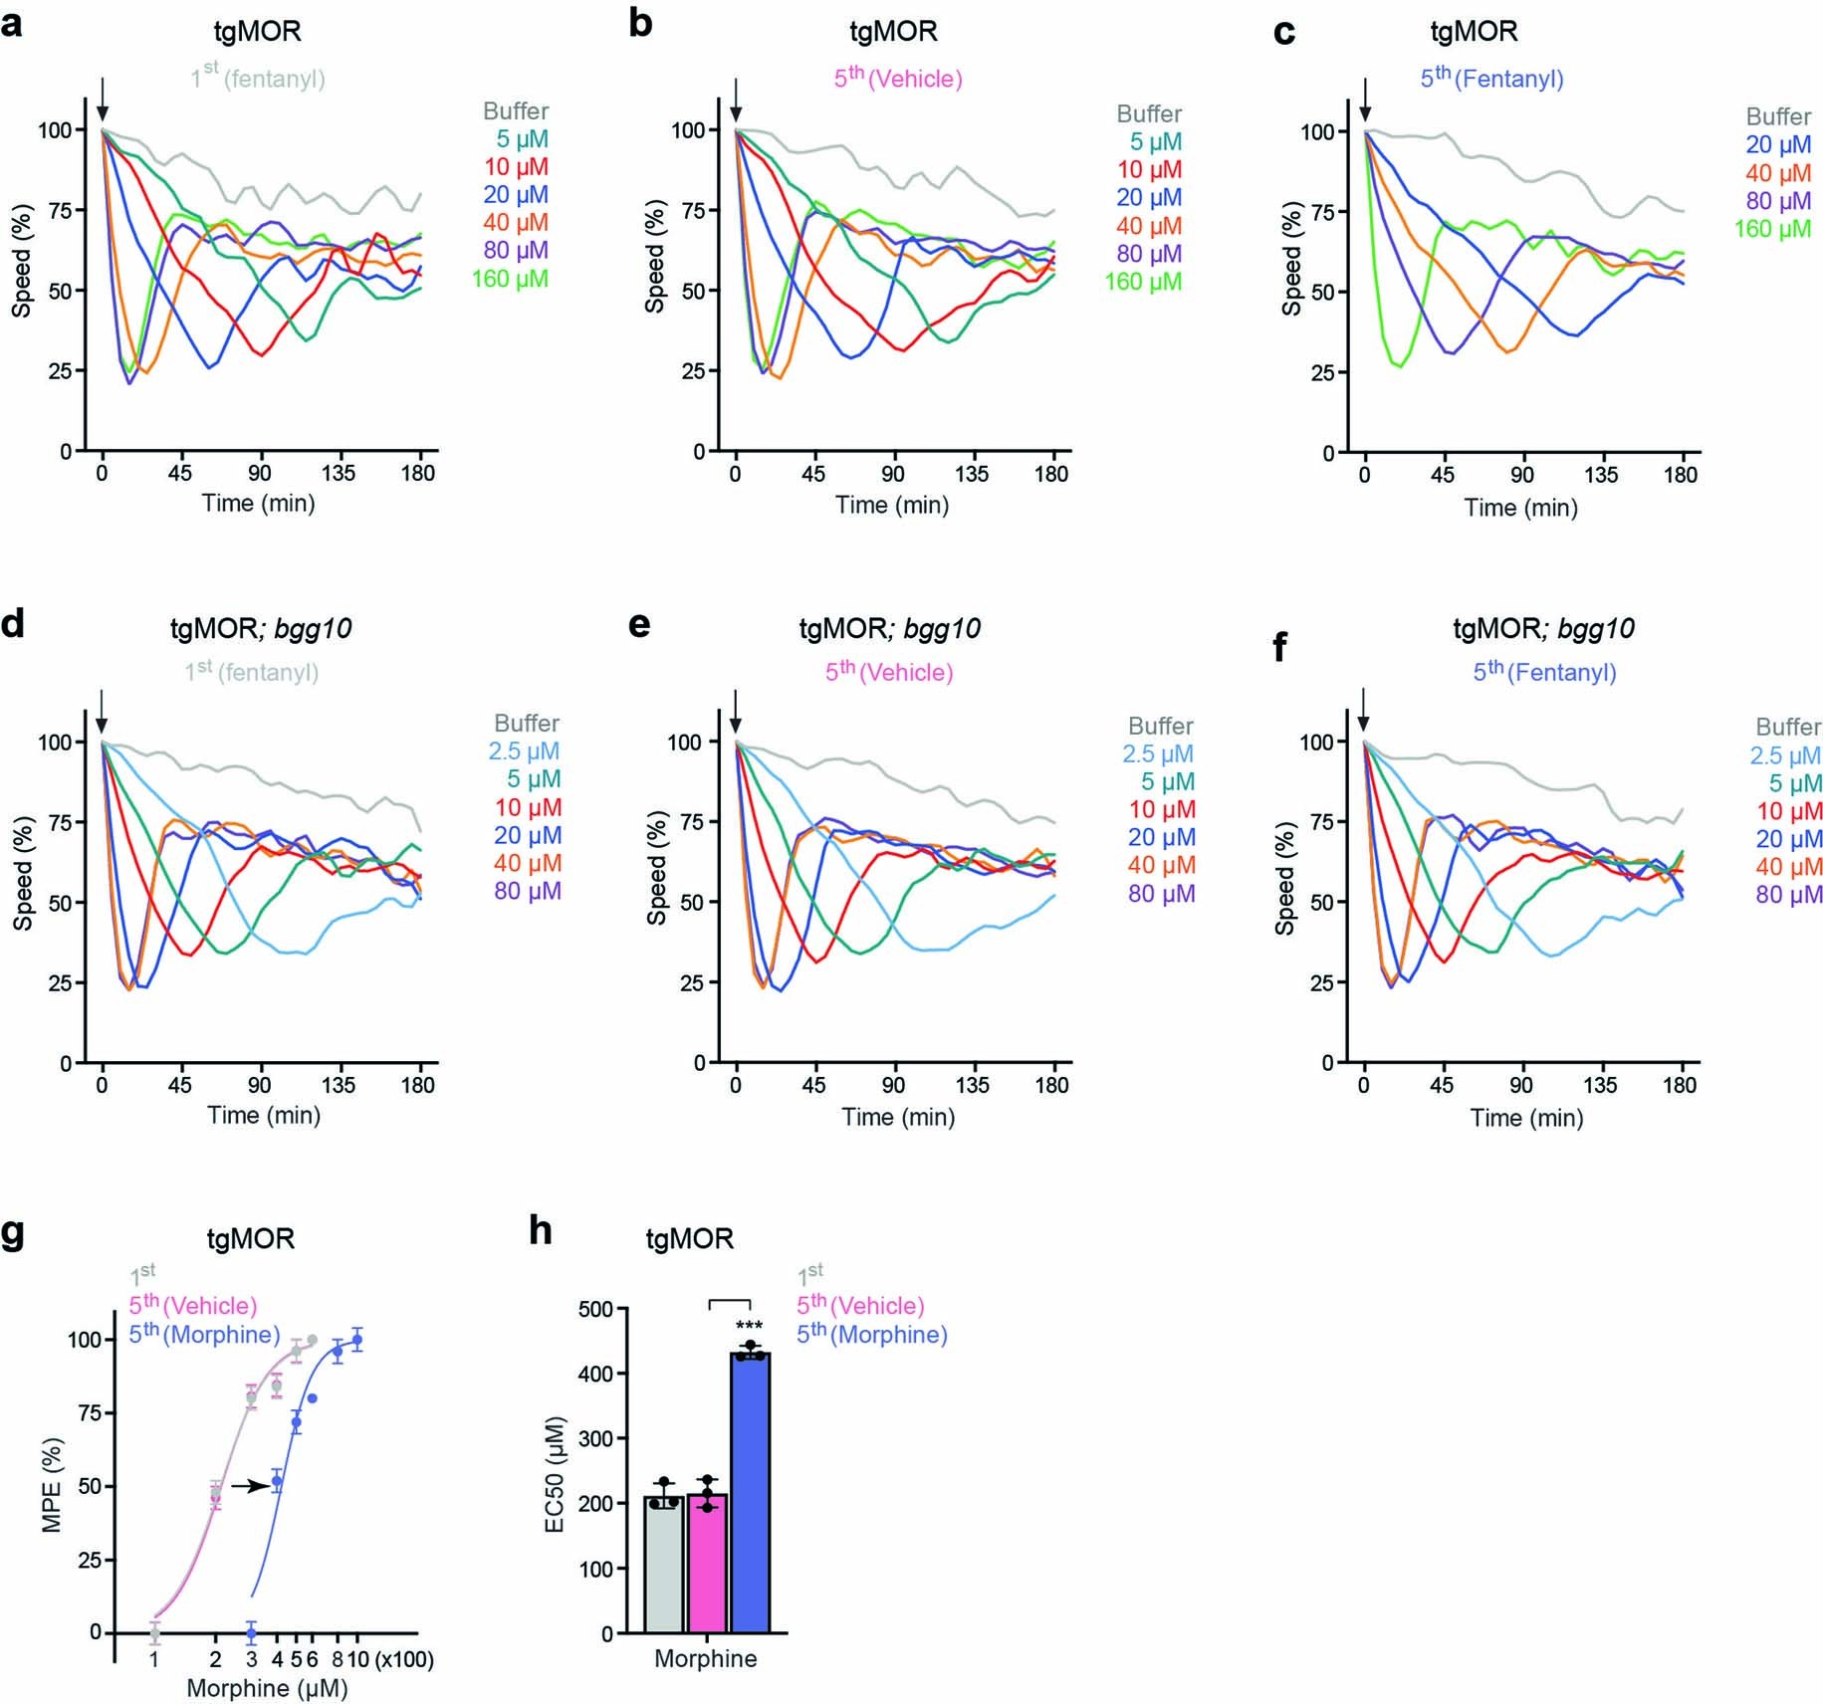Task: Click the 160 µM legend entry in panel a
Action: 510,279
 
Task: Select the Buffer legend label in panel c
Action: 1777,116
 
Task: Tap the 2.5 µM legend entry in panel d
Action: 524,751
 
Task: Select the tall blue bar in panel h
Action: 750,1493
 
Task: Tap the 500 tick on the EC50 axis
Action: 595,1309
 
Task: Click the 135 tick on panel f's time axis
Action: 1601,1085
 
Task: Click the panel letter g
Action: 14,1232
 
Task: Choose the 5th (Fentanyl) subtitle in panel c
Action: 1491,78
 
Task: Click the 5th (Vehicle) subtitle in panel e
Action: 889,672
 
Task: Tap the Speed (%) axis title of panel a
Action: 21,261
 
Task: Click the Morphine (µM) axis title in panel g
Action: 267,1688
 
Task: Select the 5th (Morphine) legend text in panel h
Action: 871,1334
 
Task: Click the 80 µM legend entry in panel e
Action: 1161,894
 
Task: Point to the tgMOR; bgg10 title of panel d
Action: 261,628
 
